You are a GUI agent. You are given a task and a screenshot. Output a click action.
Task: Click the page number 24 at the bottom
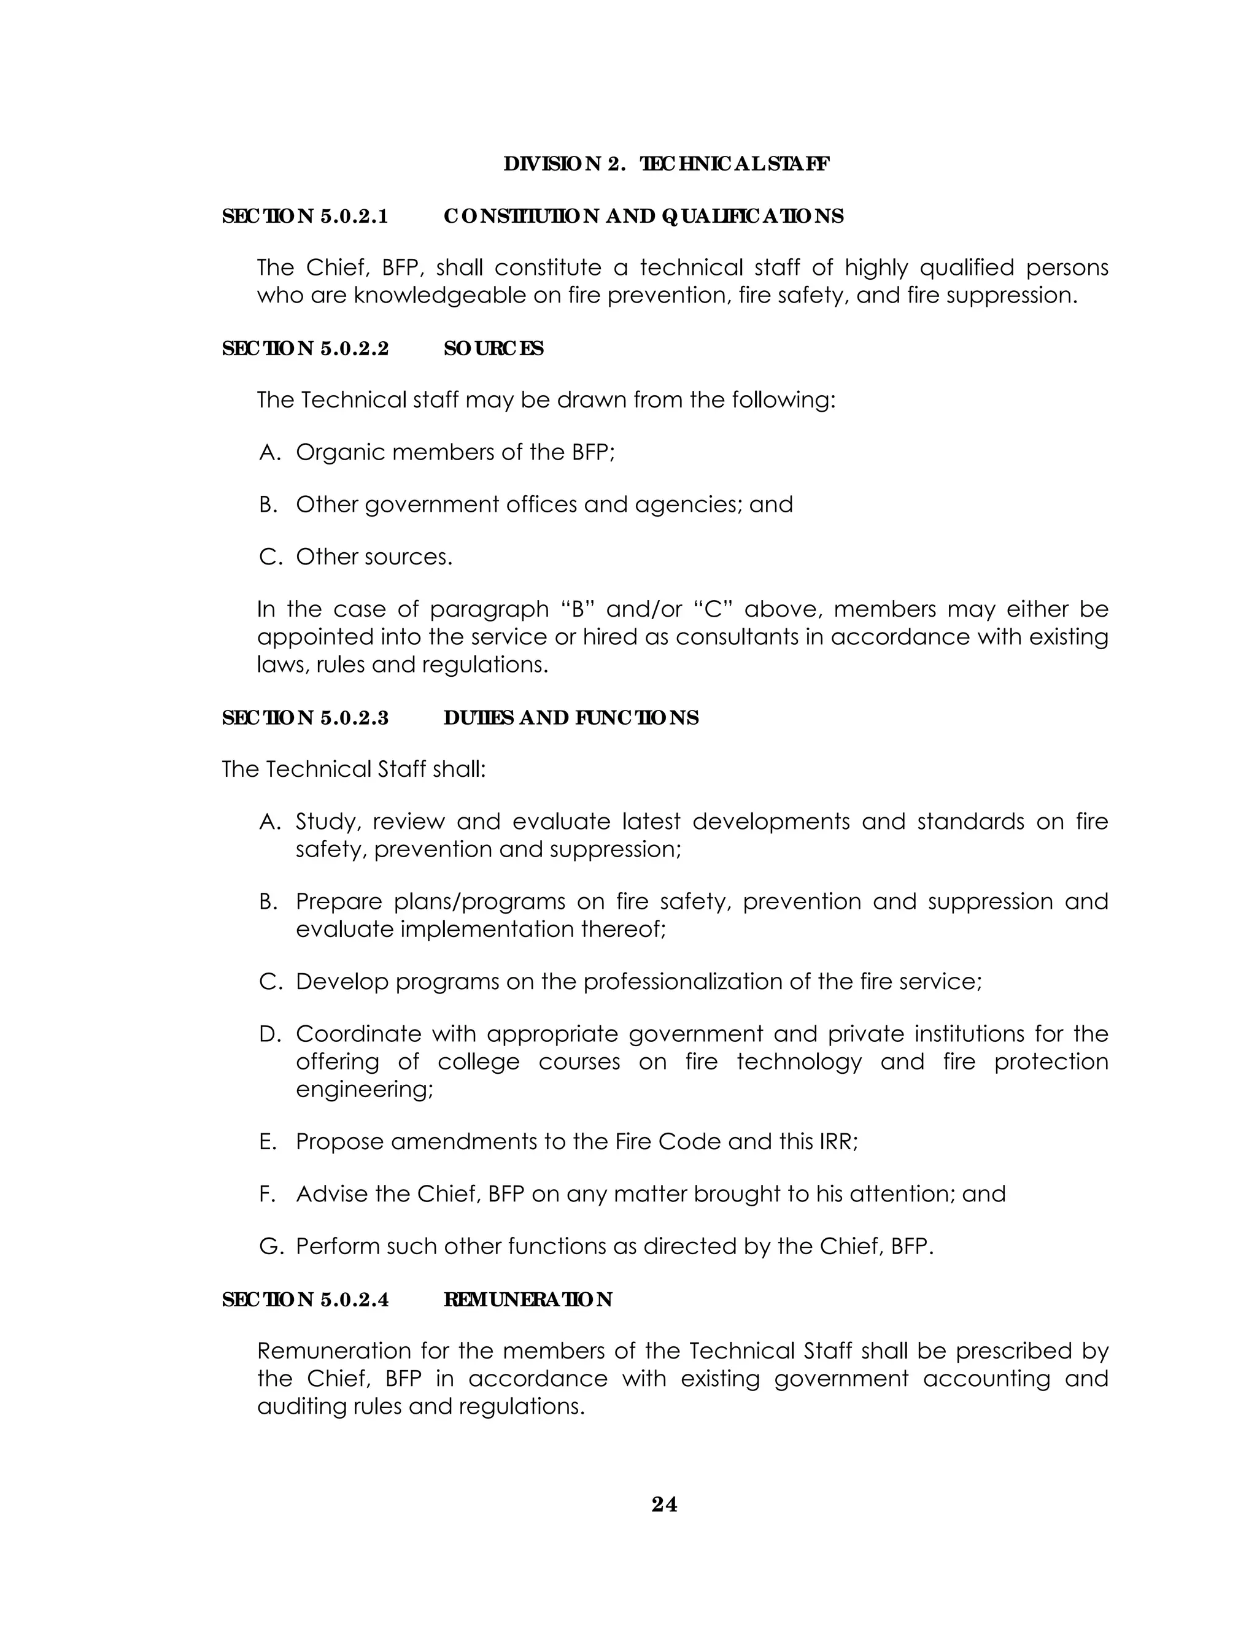(x=664, y=1505)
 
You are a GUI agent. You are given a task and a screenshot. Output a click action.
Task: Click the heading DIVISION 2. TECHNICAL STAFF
(x=667, y=164)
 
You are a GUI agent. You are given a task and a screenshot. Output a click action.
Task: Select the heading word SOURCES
(x=493, y=349)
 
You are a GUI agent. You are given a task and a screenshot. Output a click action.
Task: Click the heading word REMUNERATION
(x=528, y=1299)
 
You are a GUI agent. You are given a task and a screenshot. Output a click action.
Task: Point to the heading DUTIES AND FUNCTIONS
(x=571, y=718)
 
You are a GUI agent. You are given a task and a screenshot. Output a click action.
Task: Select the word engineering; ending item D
(x=364, y=1089)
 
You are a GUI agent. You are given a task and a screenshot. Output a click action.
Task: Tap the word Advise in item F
(x=331, y=1194)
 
